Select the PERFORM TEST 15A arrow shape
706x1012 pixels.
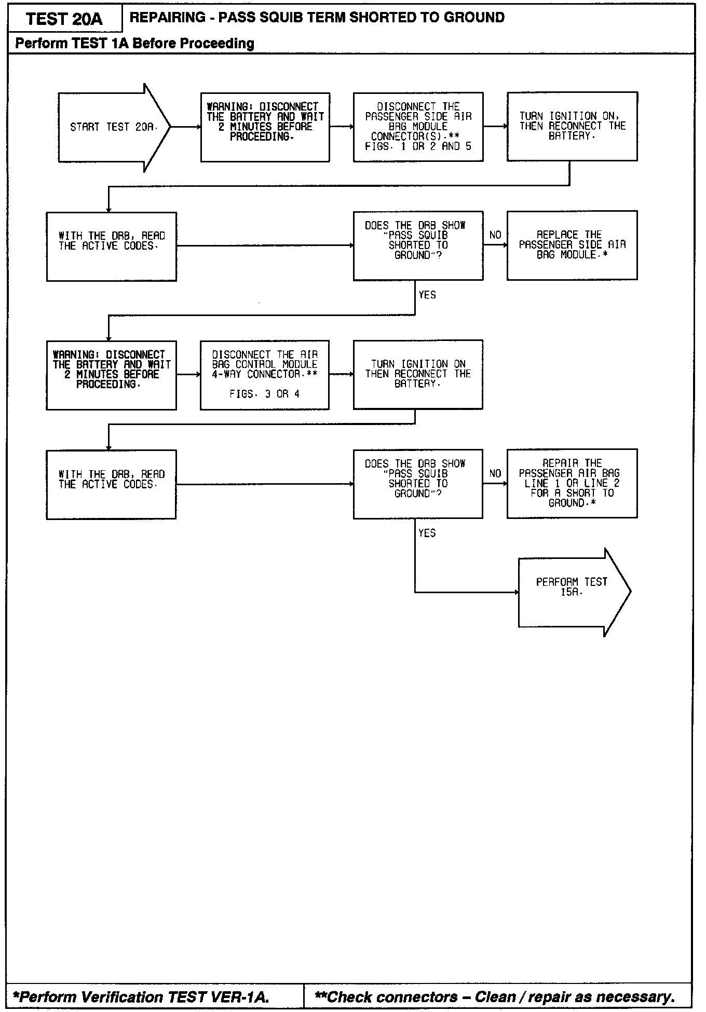coord(572,592)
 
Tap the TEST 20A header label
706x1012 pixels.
coord(64,19)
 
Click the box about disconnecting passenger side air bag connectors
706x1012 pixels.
coord(418,127)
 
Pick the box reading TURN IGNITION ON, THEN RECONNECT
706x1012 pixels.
coord(572,127)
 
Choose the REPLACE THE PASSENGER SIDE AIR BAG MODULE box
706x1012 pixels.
coord(572,245)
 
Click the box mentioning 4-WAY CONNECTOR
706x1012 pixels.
coord(265,375)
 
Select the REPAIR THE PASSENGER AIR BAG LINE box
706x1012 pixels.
coord(572,483)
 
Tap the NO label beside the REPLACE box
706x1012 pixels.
coord(495,235)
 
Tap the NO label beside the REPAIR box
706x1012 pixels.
coord(495,473)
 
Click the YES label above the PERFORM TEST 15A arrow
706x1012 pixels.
coord(427,533)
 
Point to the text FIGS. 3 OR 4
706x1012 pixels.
coord(265,394)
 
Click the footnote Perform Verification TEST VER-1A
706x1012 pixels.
coord(141,996)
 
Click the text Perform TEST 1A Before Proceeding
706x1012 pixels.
coord(134,43)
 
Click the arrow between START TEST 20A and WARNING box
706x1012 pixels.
coord(185,127)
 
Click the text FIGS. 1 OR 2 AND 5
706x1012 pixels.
coord(418,146)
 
